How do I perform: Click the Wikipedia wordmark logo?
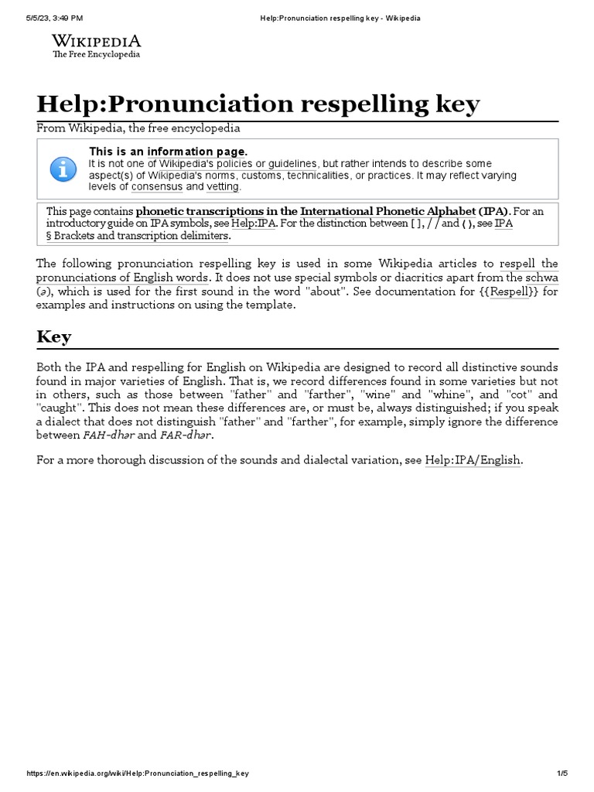96,41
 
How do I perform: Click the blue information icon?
63,167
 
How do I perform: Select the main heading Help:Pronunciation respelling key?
258,104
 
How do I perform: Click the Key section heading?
54,336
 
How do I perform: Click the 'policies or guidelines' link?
266,164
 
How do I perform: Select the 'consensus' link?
157,187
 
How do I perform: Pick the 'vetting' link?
223,187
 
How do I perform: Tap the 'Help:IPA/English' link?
473,460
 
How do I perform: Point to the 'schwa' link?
541,277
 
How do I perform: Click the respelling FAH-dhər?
111,435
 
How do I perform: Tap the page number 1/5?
562,773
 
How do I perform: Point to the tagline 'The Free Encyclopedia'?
96,55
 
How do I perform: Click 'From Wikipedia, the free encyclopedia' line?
138,128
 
